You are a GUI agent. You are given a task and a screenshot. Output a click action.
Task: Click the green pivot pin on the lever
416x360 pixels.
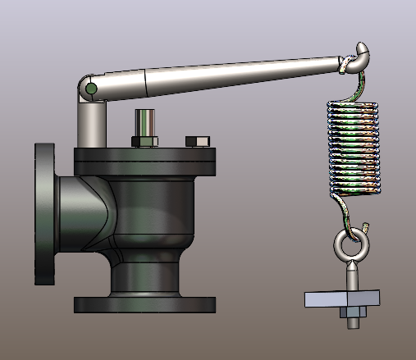pos(91,88)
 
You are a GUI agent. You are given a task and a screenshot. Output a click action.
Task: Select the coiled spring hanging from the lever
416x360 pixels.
pos(354,148)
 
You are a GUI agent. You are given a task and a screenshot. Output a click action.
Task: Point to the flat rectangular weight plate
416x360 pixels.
pos(341,298)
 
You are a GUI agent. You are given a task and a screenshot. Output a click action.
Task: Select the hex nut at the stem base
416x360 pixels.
pos(144,142)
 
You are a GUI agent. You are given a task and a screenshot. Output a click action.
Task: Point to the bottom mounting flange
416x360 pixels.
pos(145,304)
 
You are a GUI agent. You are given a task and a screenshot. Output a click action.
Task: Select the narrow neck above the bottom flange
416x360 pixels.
pos(148,275)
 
